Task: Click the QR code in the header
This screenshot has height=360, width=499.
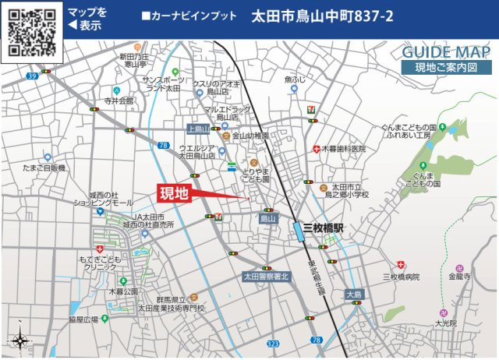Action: click(30, 30)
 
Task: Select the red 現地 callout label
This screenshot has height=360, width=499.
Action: click(174, 193)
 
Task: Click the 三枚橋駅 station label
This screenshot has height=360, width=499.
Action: click(328, 228)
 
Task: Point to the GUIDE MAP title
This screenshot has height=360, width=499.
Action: click(447, 52)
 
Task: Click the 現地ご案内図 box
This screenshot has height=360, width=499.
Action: click(447, 68)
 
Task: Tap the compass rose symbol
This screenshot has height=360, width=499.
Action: click(19, 341)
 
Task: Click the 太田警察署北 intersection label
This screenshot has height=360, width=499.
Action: click(265, 277)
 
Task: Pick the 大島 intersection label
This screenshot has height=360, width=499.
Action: click(354, 295)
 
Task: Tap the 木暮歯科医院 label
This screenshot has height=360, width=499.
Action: click(344, 148)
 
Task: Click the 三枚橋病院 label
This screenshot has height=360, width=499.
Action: click(401, 277)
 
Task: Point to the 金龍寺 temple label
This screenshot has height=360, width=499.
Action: click(459, 276)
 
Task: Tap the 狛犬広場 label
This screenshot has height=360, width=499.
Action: click(83, 319)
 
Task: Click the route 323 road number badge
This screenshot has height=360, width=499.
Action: click(272, 342)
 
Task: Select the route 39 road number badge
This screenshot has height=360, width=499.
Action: click(31, 76)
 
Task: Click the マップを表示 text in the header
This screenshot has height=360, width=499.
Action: click(87, 19)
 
